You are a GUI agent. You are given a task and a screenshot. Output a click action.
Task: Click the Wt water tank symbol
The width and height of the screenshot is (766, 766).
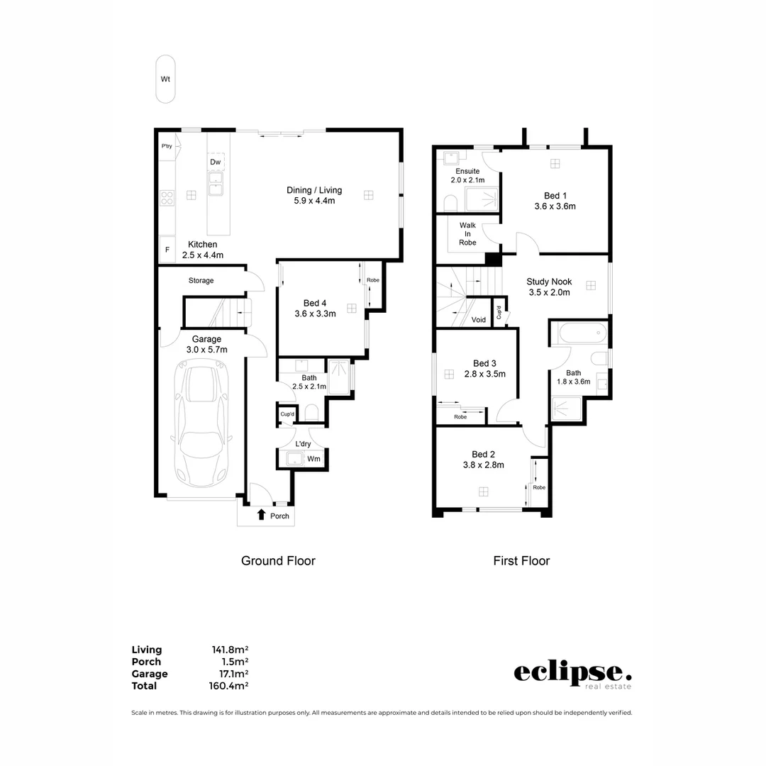click(165, 79)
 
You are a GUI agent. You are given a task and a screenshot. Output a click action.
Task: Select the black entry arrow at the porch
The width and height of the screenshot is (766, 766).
click(261, 515)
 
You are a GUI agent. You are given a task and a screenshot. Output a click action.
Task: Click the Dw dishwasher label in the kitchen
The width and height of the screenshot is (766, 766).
click(216, 162)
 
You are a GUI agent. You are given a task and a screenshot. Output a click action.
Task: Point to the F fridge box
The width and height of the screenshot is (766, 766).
click(167, 250)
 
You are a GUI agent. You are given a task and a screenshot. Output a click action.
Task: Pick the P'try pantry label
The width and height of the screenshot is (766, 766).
click(167, 146)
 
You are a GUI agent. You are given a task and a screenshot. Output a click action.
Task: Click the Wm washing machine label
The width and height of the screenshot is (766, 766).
click(313, 459)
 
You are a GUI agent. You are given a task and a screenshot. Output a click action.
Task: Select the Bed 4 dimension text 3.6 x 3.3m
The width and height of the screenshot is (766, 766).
click(315, 313)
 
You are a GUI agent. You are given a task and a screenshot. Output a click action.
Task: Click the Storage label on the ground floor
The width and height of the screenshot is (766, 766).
click(201, 281)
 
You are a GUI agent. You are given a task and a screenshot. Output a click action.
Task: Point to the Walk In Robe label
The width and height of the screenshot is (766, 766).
click(467, 233)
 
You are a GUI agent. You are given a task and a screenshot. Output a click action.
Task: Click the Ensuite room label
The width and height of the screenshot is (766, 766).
click(467, 171)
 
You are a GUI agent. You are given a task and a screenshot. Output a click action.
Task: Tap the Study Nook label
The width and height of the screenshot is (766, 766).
click(548, 282)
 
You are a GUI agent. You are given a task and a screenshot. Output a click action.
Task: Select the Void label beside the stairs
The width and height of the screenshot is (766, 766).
click(479, 320)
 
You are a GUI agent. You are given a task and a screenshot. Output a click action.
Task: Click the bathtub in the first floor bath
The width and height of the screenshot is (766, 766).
click(579, 331)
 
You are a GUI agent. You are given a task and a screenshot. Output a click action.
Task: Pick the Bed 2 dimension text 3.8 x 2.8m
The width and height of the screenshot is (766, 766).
click(484, 465)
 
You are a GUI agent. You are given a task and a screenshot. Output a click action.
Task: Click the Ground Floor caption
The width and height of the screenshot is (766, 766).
click(278, 561)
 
